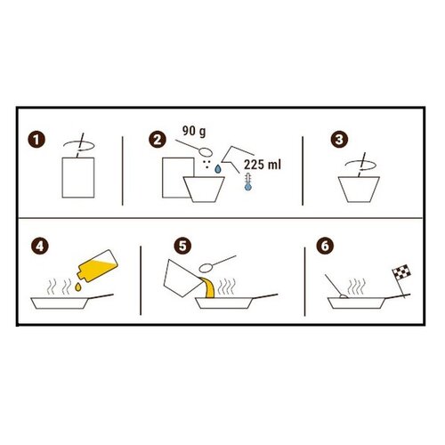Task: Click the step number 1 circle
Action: [x=36, y=140]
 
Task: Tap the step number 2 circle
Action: [x=158, y=140]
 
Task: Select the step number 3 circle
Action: [x=339, y=140]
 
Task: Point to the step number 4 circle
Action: [x=40, y=247]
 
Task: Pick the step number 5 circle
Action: [x=182, y=247]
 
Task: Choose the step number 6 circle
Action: [x=325, y=247]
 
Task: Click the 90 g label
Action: [x=194, y=131]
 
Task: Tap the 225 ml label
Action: [x=263, y=165]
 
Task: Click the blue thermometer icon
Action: [x=248, y=182]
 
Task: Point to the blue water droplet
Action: [x=218, y=169]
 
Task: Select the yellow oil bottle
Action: [x=97, y=266]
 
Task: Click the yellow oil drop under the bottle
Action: [x=78, y=287]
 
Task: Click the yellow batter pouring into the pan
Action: [x=209, y=287]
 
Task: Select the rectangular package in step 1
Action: [x=78, y=178]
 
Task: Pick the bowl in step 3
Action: [x=359, y=190]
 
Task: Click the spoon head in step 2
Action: [x=206, y=152]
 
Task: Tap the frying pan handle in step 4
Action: [x=101, y=296]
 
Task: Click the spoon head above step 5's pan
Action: [x=206, y=268]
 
